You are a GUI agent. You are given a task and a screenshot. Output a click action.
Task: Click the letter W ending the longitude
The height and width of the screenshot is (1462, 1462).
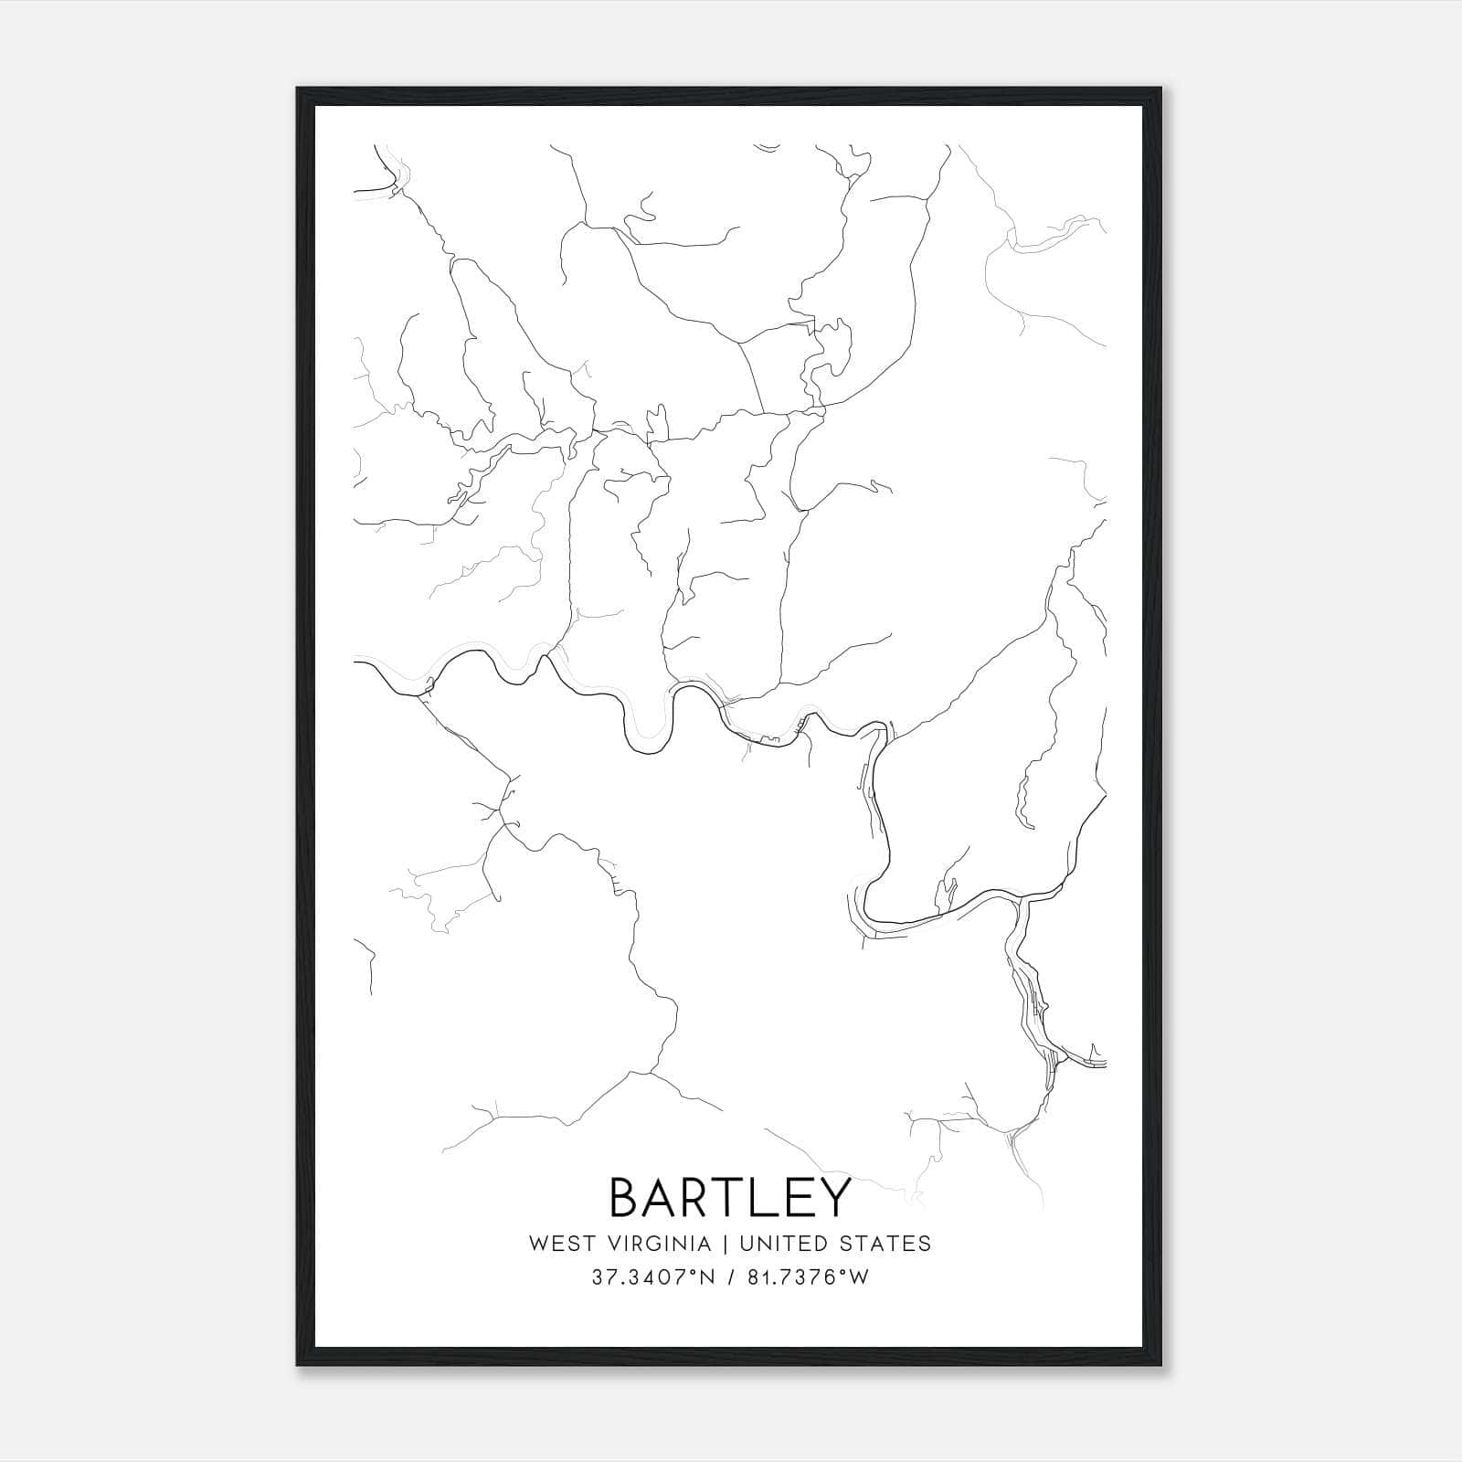tap(859, 1277)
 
